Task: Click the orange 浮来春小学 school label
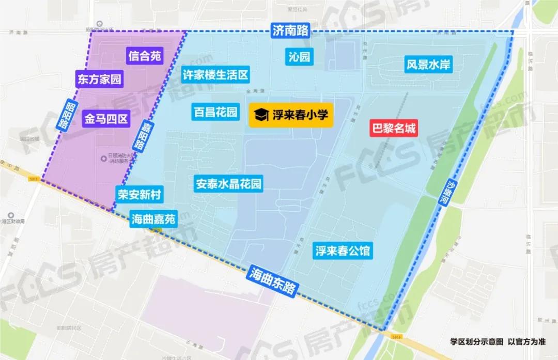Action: (x=291, y=115)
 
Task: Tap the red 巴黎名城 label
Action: (x=394, y=128)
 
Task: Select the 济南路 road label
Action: (x=290, y=30)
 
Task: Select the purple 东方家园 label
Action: (x=99, y=79)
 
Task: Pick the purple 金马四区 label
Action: (x=105, y=120)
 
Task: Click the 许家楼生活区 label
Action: (x=215, y=74)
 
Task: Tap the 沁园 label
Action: (x=300, y=56)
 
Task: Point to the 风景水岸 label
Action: (x=428, y=65)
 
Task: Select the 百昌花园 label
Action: (x=215, y=112)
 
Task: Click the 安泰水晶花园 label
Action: (x=228, y=183)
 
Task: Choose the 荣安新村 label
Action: (x=139, y=195)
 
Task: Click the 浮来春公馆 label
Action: (x=343, y=252)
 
